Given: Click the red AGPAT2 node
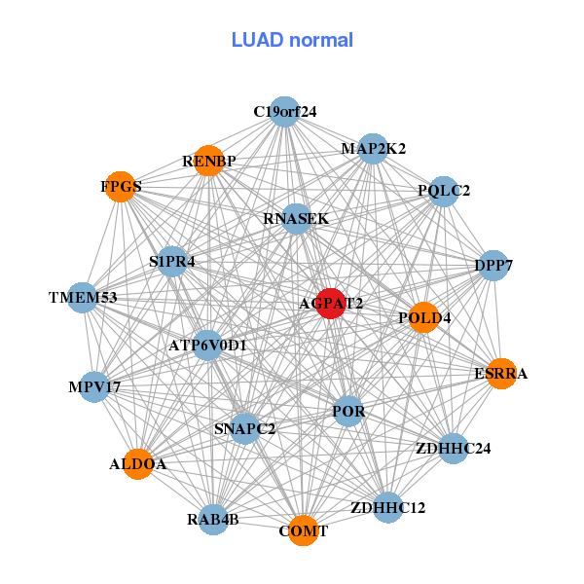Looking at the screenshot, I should click(x=332, y=303).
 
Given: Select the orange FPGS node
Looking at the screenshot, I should click(x=120, y=187).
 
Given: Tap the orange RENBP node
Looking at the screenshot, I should click(x=209, y=161).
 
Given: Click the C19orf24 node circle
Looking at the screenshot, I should click(x=284, y=112).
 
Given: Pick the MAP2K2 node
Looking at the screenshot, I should click(x=373, y=149).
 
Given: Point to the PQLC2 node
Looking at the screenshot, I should click(x=443, y=191).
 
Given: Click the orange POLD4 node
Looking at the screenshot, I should click(x=423, y=317).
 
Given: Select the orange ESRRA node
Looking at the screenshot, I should click(x=501, y=374).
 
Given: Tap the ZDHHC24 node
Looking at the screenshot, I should click(x=453, y=448).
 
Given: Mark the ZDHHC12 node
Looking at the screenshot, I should click(x=387, y=507).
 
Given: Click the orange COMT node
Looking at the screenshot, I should click(x=304, y=530).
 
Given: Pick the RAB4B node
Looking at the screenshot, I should click(x=212, y=518).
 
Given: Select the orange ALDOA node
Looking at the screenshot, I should click(x=137, y=464).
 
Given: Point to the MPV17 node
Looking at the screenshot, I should click(x=94, y=387).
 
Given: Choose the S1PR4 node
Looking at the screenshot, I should click(x=172, y=262).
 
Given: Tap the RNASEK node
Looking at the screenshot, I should click(x=296, y=219).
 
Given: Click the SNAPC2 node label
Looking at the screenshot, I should click(x=245, y=428).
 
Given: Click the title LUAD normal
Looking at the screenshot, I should click(x=292, y=40).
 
